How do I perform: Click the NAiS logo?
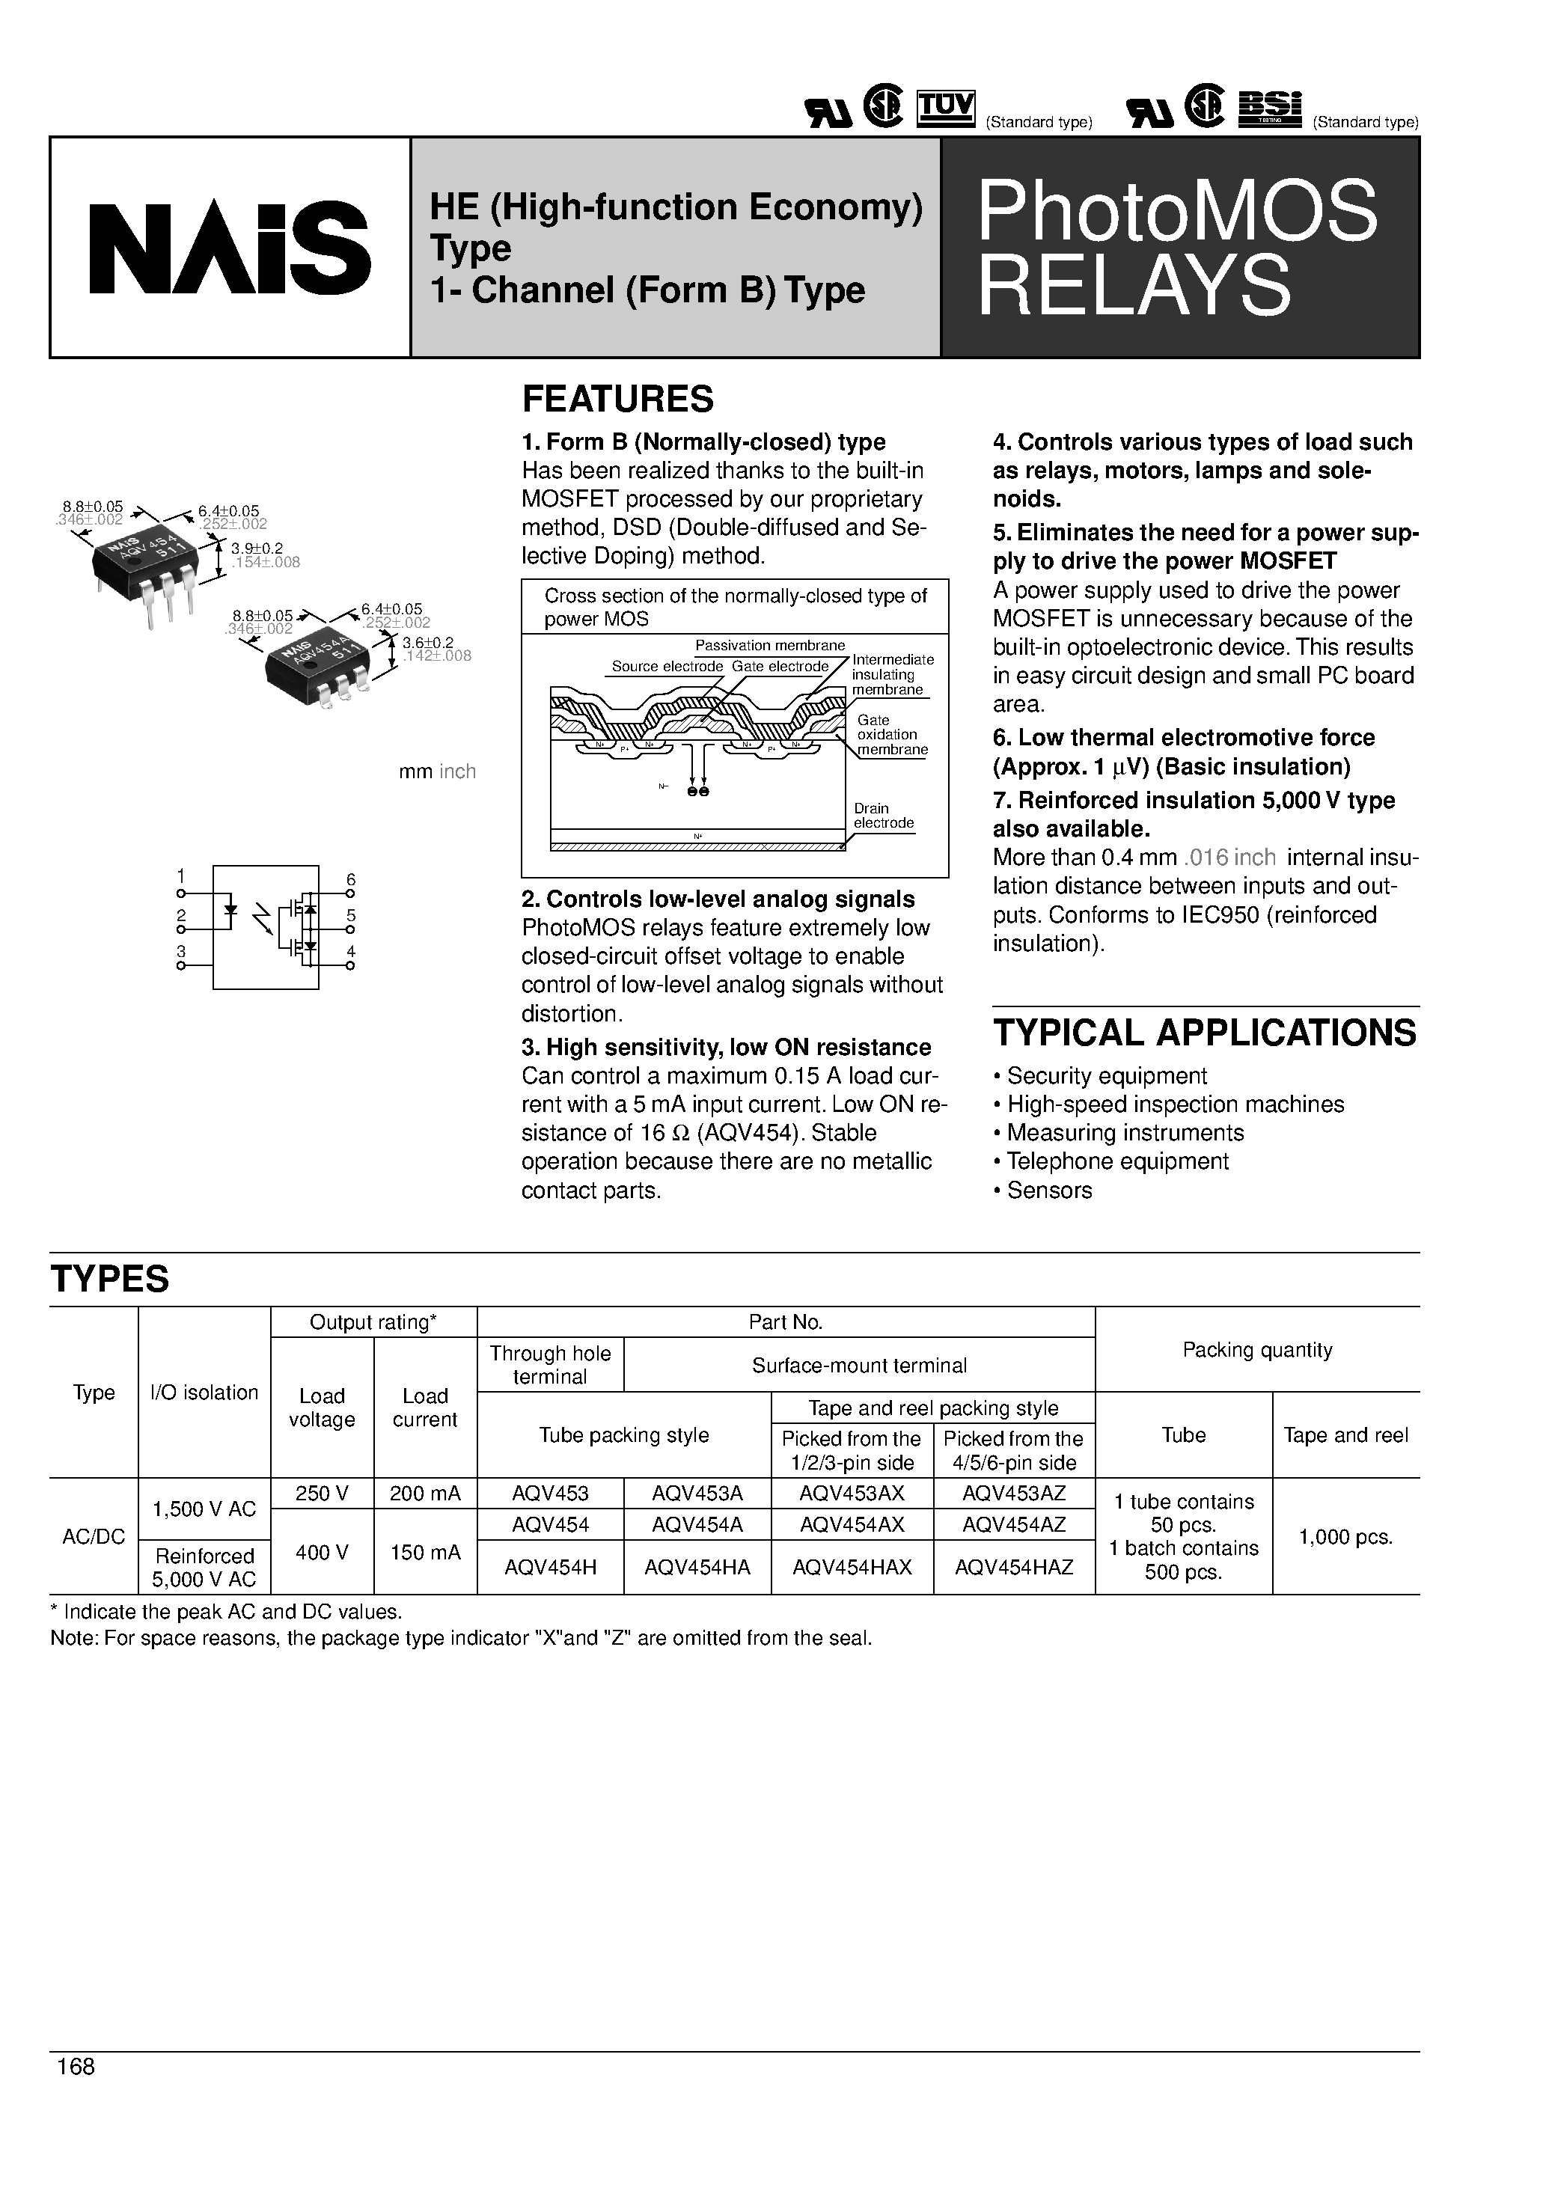(229, 248)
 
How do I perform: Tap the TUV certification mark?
(946, 108)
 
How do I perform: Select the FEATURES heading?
(617, 400)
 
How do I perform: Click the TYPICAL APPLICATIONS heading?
(1205, 1033)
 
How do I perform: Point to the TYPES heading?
(109, 1279)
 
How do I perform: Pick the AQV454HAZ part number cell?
(1014, 1567)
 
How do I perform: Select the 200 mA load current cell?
(425, 1494)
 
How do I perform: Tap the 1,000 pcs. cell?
(1346, 1536)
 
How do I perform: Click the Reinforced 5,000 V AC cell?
(205, 1567)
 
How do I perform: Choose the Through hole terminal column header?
(550, 1365)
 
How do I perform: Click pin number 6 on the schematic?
(351, 879)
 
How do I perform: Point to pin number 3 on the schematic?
(181, 951)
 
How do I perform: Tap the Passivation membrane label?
(770, 645)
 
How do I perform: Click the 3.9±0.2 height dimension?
(250, 549)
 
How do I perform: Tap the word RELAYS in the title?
(1134, 286)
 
